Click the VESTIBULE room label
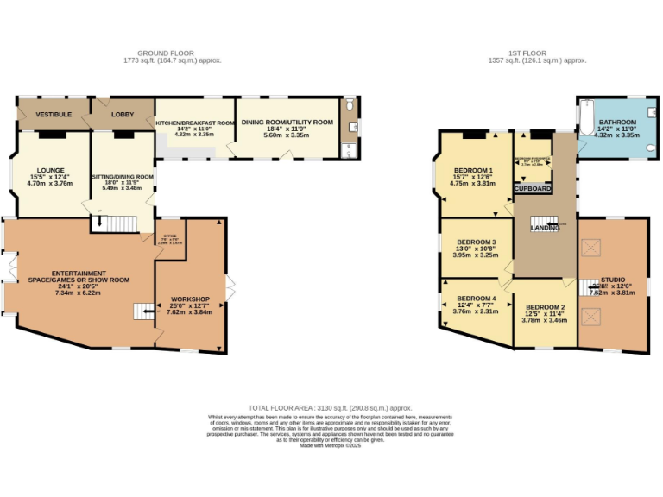click(54, 114)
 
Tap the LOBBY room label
click(123, 114)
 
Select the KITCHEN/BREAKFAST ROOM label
click(194, 123)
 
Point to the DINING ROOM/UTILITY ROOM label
click(287, 123)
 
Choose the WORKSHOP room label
click(189, 299)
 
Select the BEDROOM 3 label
click(477, 242)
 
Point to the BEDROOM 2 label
click(545, 307)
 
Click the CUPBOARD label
click(533, 187)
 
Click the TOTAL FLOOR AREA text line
click(331, 407)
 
